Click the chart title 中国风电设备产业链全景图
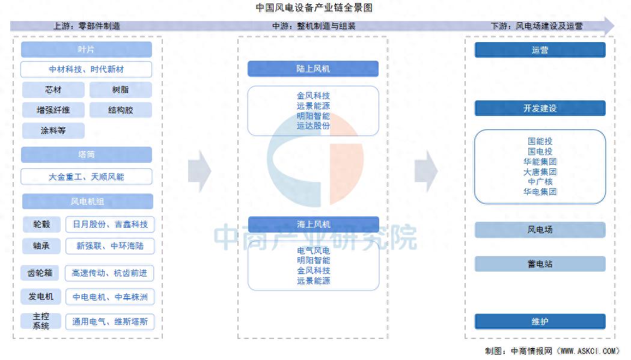point(314,8)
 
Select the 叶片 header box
point(87,50)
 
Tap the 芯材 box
point(53,90)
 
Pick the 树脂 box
point(121,90)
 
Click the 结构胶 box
point(121,110)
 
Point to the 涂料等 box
point(53,130)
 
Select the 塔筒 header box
point(87,154)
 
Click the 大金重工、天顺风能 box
point(87,177)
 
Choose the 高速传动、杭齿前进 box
point(109,273)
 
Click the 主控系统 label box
point(41,321)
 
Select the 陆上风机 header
point(313,69)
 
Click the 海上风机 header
point(313,224)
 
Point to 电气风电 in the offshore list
point(313,251)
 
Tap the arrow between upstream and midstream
point(200,172)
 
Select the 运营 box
point(540,50)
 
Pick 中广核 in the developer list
point(540,182)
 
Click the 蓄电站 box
point(540,264)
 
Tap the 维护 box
point(540,322)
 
